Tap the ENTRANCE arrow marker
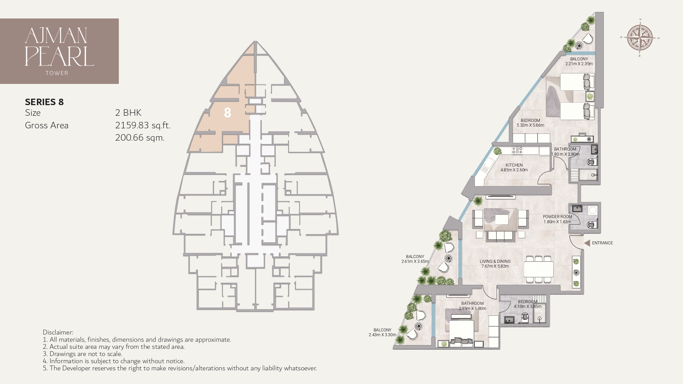tap(587, 243)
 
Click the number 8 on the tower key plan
tap(227, 113)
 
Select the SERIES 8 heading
tap(44, 102)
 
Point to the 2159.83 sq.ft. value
tap(142, 125)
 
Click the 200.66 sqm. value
tap(140, 138)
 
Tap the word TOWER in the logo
tap(57, 73)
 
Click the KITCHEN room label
tap(514, 165)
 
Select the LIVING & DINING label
tap(495, 261)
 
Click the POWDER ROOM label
tap(557, 217)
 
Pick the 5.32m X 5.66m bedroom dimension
tap(530, 125)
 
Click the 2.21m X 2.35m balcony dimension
tap(579, 64)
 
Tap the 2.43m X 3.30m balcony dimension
tap(382, 335)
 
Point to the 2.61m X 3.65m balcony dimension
tap(415, 261)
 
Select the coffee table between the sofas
tap(501, 219)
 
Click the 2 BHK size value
tap(128, 113)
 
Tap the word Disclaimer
tap(58, 332)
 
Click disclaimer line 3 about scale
tap(82, 354)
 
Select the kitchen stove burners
tap(517, 150)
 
